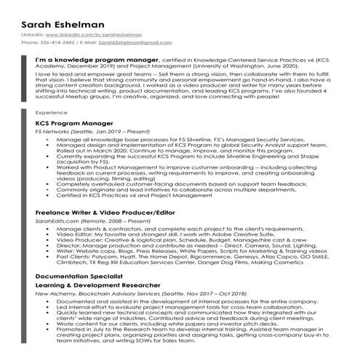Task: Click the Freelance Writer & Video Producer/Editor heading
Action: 105,213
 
